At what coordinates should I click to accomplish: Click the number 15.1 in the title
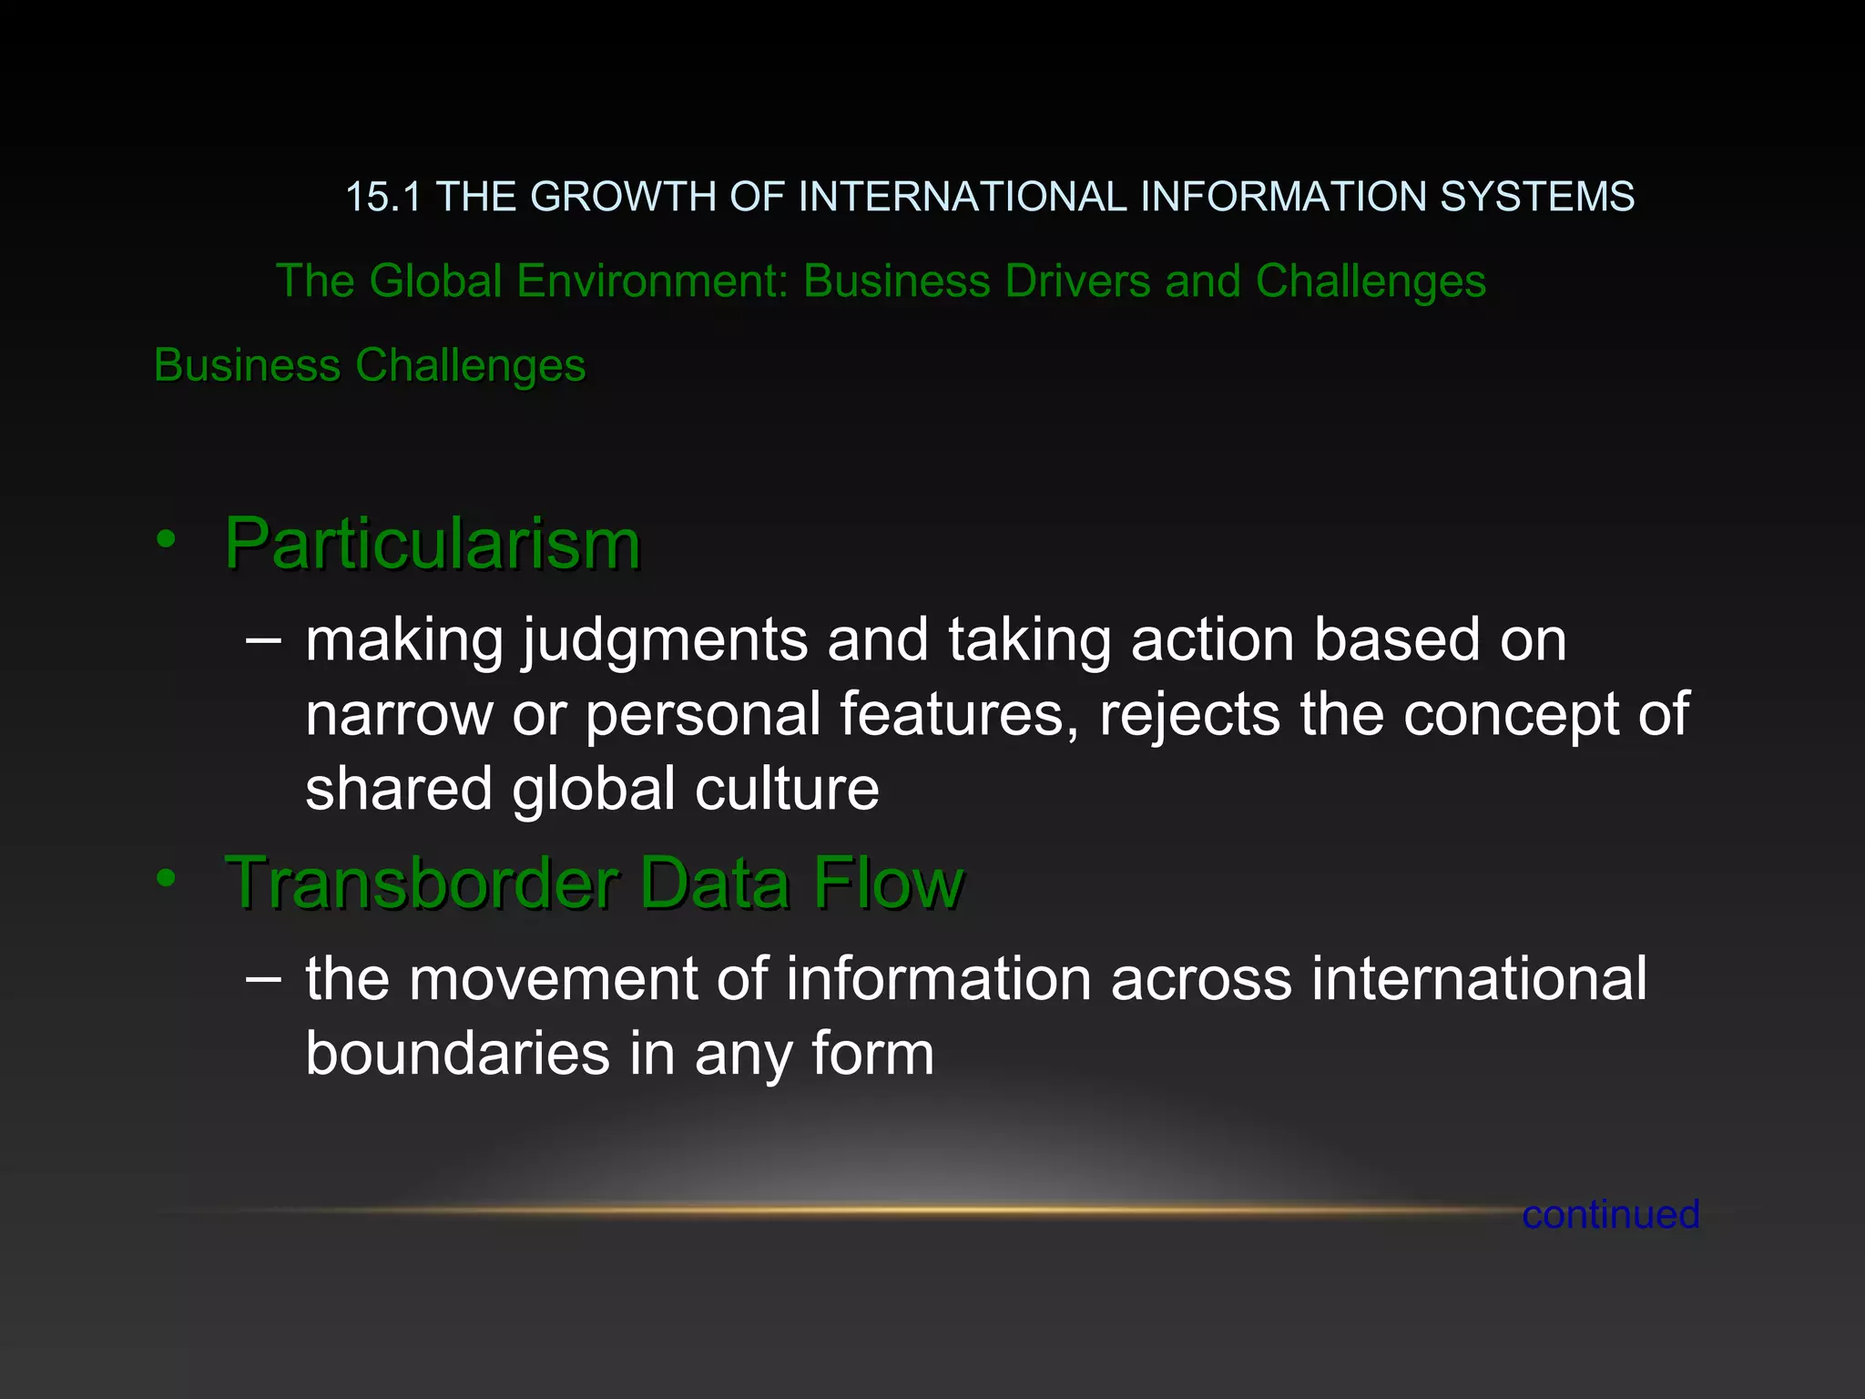pos(383,197)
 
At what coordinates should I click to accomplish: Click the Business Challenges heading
pos(370,365)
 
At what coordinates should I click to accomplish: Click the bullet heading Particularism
pos(433,544)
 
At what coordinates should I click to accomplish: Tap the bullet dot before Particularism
pos(166,539)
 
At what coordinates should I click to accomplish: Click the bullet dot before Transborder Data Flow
pos(166,878)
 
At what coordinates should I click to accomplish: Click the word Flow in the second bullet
pos(888,883)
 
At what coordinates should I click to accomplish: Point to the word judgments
pos(665,640)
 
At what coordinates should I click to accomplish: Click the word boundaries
pos(457,1054)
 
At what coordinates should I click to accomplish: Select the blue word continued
pos(1610,1214)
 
